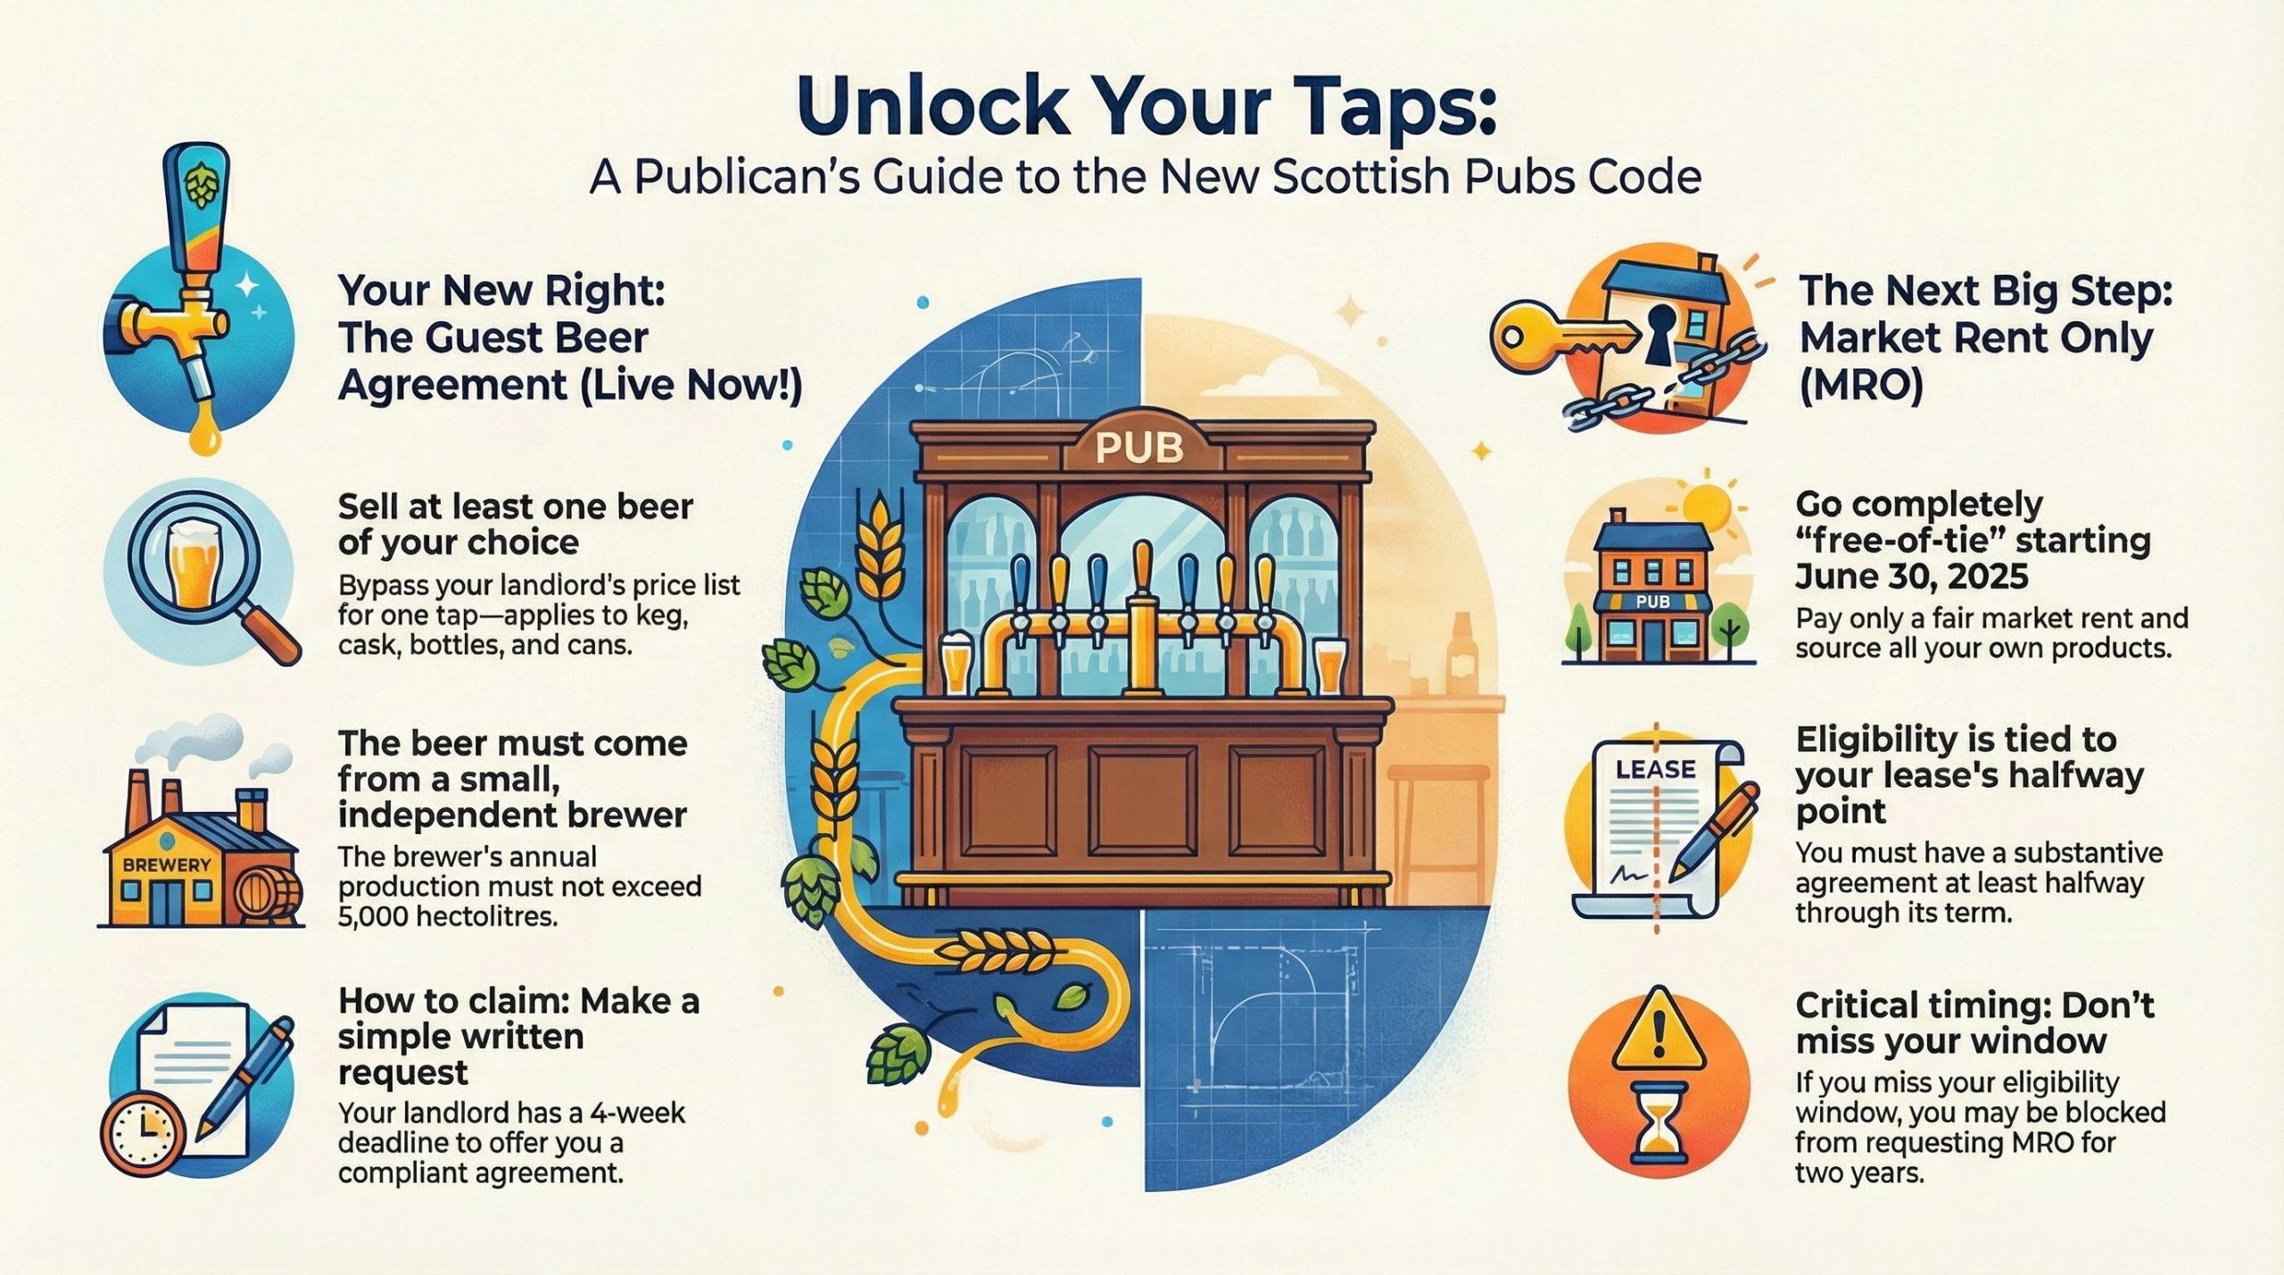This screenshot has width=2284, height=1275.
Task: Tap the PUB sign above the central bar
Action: point(1138,448)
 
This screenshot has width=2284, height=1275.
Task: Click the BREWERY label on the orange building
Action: point(167,865)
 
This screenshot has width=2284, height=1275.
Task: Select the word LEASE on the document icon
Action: point(1655,769)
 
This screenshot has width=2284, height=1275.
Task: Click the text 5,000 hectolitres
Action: point(447,915)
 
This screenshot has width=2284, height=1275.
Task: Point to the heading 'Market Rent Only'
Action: point(1975,338)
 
